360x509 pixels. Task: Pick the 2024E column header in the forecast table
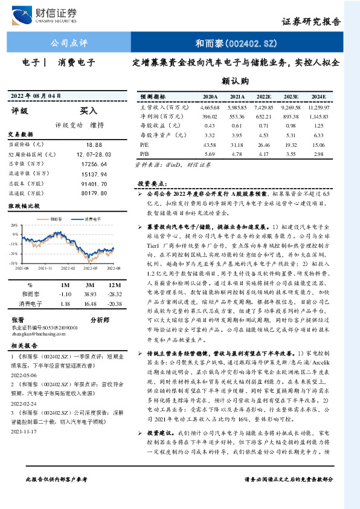[x=319, y=96]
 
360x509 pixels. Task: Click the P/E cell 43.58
[x=210, y=144]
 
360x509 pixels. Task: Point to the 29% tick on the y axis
[x=14, y=224]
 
